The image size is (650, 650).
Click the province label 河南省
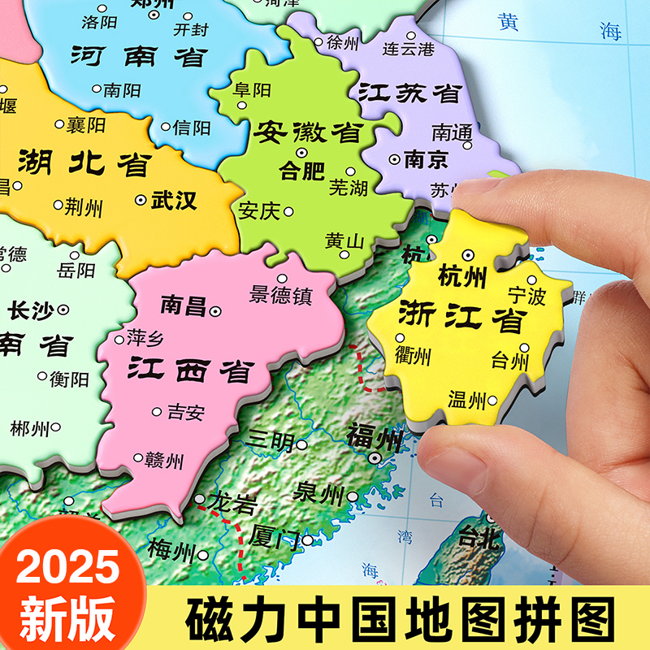tap(139, 56)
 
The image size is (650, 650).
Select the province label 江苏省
tap(409, 92)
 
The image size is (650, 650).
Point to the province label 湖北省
tap(84, 163)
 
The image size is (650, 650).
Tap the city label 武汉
tap(174, 200)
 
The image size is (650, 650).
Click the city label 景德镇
tap(281, 295)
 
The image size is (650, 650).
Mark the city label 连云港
tap(409, 48)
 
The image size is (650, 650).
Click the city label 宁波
tap(526, 296)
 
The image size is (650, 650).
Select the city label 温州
tap(466, 399)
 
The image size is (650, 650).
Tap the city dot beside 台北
tap(490, 517)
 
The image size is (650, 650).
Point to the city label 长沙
tap(32, 310)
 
